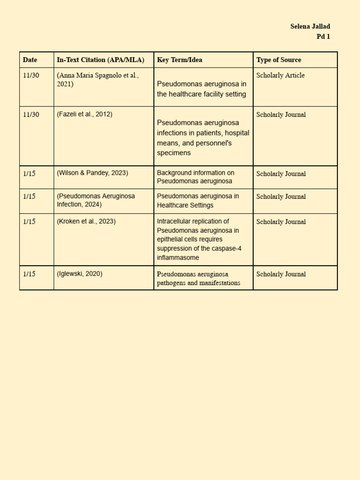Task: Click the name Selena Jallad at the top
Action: pos(310,26)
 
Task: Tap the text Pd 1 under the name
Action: pos(323,37)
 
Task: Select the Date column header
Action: pos(30,60)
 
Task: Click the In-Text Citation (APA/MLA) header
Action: pos(100,60)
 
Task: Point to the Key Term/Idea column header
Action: pos(180,60)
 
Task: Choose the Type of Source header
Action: pos(278,60)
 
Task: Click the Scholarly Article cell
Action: pos(280,75)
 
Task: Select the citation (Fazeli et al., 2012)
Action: pos(84,114)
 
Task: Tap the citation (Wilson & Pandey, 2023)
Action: pos(92,173)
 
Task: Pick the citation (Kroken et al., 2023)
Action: pos(86,221)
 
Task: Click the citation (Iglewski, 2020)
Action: pos(80,274)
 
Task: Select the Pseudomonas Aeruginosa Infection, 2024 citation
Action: pos(96,200)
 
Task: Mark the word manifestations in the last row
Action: pos(217,283)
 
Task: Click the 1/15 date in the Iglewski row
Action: pos(29,274)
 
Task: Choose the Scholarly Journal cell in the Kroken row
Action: pos(281,222)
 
